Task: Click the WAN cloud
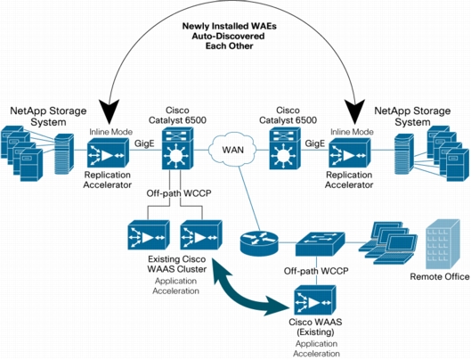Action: click(x=232, y=149)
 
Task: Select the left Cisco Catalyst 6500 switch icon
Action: click(x=178, y=148)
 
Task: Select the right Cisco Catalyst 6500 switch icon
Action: click(x=285, y=148)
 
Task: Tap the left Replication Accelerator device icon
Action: click(x=108, y=153)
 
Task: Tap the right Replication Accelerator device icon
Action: click(x=350, y=153)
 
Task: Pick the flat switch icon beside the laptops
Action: click(x=320, y=244)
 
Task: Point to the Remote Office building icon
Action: click(x=443, y=244)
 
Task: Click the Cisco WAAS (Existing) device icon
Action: click(x=314, y=300)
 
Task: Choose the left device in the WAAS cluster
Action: click(x=149, y=235)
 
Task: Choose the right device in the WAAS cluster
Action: click(x=201, y=235)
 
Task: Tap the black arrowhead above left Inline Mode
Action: click(x=109, y=111)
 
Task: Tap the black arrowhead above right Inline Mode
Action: click(x=354, y=111)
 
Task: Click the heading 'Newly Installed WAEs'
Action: click(x=230, y=26)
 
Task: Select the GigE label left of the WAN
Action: click(x=144, y=143)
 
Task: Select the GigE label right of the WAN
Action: click(x=315, y=143)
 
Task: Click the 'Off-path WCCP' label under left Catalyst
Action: click(x=179, y=193)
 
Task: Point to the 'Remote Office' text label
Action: click(x=440, y=276)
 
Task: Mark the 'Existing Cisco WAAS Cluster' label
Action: click(x=177, y=264)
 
